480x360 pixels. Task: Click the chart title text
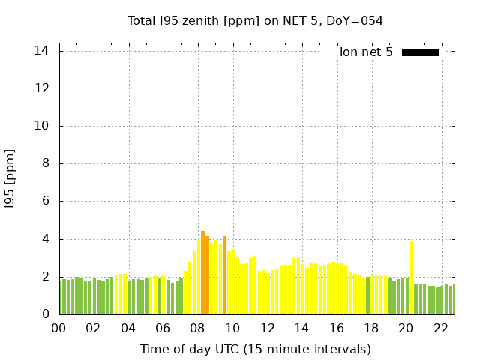pyautogui.click(x=255, y=20)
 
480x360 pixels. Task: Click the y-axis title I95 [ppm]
pyautogui.click(x=10, y=178)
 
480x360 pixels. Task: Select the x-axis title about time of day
pyautogui.click(x=255, y=349)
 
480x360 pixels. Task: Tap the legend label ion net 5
pyautogui.click(x=366, y=52)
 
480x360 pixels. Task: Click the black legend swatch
pyautogui.click(x=420, y=52)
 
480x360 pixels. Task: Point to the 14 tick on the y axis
pyautogui.click(x=41, y=51)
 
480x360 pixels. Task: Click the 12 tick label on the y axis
pyautogui.click(x=41, y=88)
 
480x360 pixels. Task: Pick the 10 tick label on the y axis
pyautogui.click(x=41, y=126)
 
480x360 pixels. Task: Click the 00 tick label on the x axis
pyautogui.click(x=58, y=328)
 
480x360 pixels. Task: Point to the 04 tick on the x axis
pyautogui.click(x=127, y=328)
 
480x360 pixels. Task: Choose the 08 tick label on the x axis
pyautogui.click(x=197, y=328)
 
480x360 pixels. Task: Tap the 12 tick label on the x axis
pyautogui.click(x=267, y=328)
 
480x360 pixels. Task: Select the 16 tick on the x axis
pyautogui.click(x=337, y=328)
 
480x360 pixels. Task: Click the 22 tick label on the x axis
pyautogui.click(x=441, y=328)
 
